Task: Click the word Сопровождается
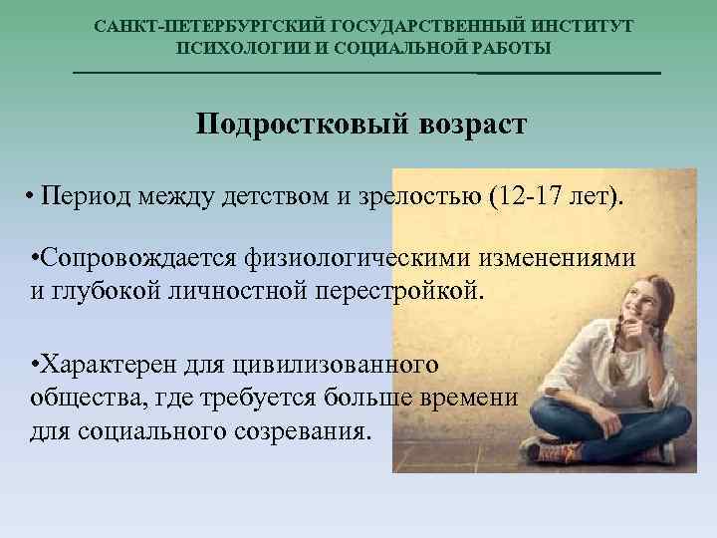[x=133, y=259]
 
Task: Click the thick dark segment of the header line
[x=569, y=73]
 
